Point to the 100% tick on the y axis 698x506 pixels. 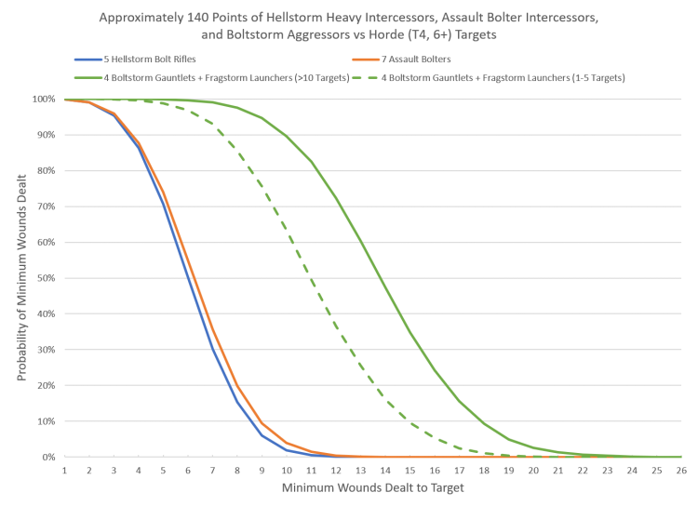coord(45,99)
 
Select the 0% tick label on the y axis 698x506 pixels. coord(49,457)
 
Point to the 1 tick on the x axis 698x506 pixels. coord(64,471)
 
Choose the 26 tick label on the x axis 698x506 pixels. coord(681,471)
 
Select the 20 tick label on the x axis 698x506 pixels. coord(533,471)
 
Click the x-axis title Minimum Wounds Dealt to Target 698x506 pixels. coord(372,488)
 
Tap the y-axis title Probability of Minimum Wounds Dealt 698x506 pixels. coord(20,278)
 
